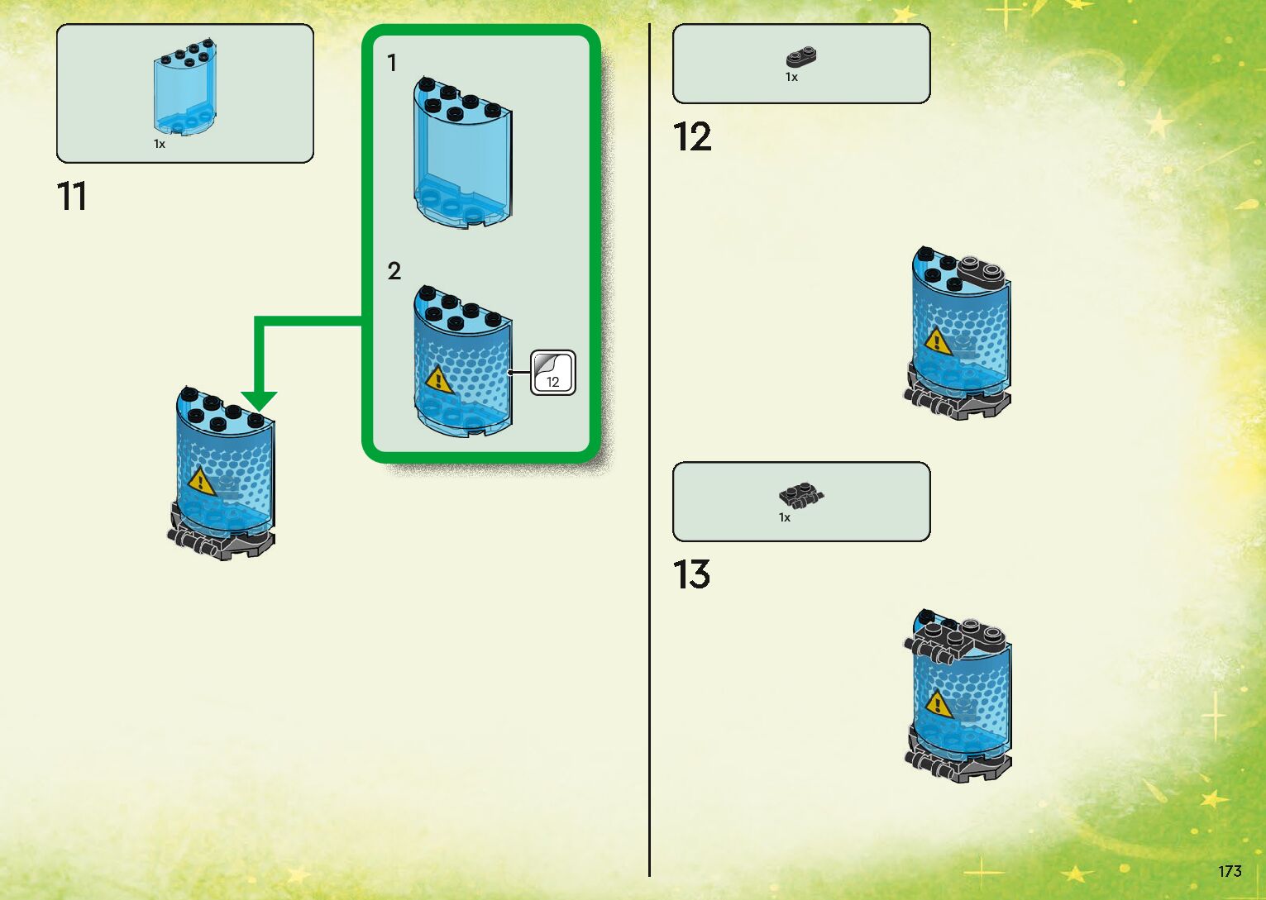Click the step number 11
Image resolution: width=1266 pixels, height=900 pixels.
72,197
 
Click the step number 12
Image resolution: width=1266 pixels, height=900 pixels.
691,137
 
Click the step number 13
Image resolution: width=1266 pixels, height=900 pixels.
691,575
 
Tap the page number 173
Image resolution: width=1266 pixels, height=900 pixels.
1230,871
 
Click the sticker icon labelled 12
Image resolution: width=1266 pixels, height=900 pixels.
552,373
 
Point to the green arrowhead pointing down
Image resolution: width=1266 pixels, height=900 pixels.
259,401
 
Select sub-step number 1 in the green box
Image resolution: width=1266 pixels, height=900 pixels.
392,63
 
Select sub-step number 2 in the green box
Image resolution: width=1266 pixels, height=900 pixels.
394,271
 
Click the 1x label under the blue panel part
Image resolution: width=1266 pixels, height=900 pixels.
160,145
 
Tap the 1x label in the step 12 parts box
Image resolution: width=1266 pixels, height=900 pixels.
791,78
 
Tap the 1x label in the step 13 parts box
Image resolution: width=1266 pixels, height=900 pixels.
785,518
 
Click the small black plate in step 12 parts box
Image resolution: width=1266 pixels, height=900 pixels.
800,58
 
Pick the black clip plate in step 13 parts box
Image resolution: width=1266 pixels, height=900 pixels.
800,496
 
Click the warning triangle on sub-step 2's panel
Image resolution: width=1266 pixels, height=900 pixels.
438,380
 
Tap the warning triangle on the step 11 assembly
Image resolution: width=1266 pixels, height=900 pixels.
200,481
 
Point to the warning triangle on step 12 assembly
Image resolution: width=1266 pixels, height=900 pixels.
937,340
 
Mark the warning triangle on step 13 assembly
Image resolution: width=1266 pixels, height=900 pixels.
937,704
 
